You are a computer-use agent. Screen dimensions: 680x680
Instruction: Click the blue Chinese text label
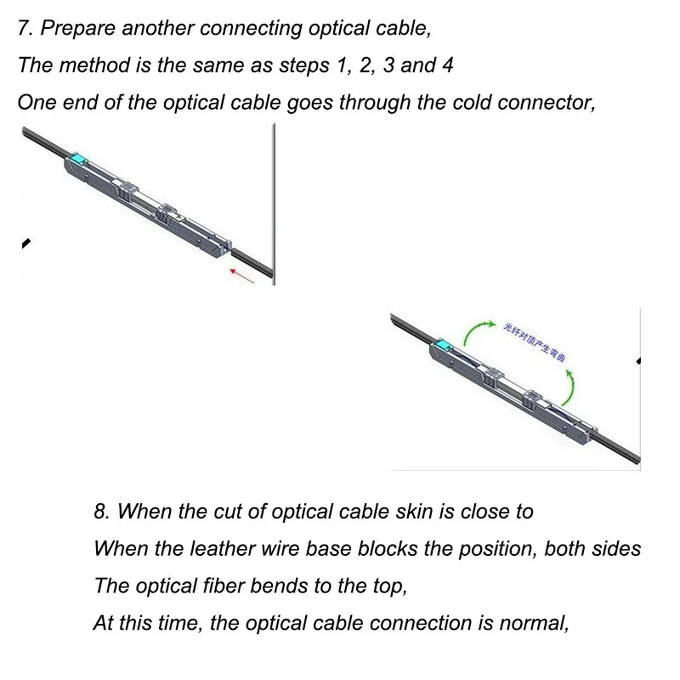(535, 341)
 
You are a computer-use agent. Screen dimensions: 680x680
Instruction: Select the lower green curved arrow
(570, 384)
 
